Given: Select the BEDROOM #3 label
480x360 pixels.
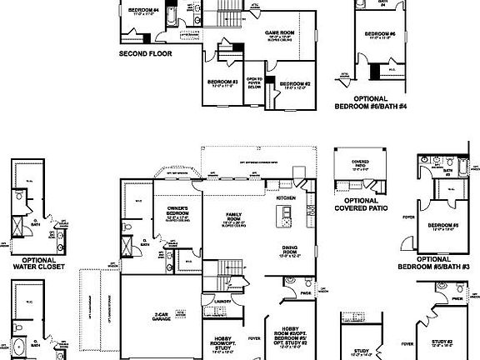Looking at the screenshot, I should pos(223,82).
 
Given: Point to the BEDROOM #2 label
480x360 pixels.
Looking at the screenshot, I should pos(295,84).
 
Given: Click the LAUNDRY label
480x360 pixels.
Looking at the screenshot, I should pos(221,301).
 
